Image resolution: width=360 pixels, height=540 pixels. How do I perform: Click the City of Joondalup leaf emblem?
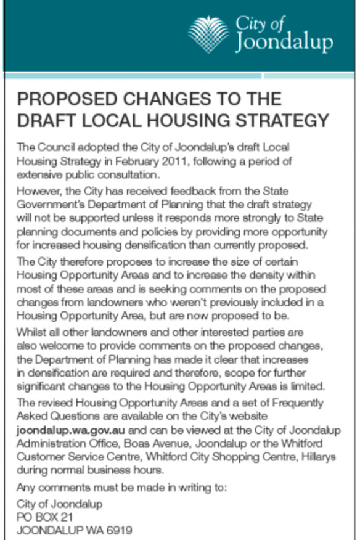(208, 32)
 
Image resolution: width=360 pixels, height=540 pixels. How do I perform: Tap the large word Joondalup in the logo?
(284, 43)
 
